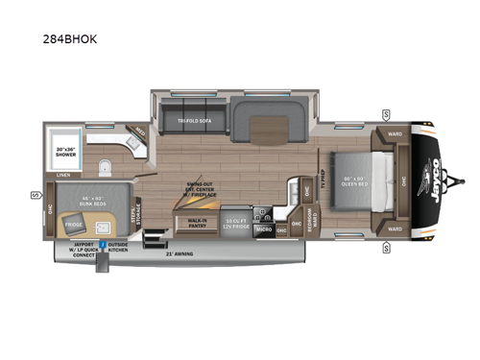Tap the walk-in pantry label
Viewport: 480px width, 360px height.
[197, 222]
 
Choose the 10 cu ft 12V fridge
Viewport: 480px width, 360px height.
[237, 221]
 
